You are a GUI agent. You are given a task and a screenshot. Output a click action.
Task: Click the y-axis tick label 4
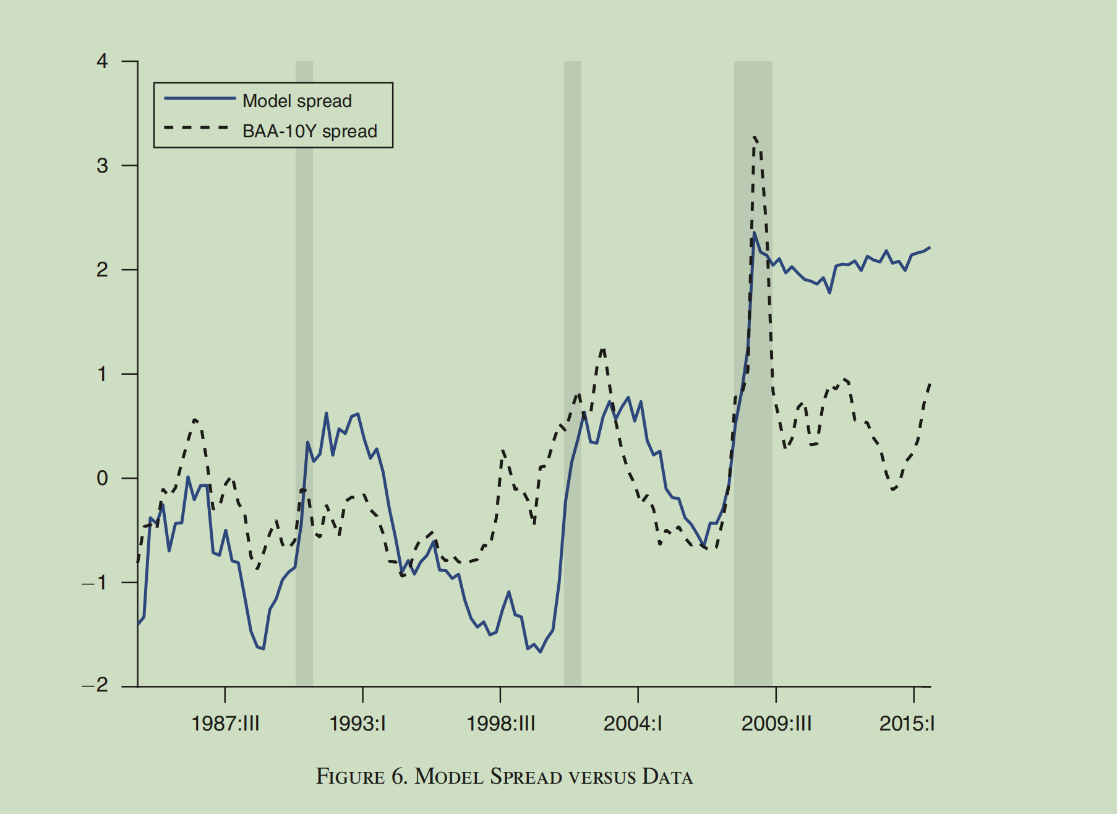coord(102,61)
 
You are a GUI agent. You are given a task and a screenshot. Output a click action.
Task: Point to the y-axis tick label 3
coord(102,166)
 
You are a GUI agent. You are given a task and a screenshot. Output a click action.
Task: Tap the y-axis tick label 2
coord(102,270)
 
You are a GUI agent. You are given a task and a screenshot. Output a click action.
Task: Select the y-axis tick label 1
coord(102,374)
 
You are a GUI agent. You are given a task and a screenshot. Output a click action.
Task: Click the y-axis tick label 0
coord(102,478)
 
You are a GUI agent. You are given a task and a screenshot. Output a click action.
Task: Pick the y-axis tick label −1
coord(95,583)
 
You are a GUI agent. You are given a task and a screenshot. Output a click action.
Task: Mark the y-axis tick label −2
coord(95,685)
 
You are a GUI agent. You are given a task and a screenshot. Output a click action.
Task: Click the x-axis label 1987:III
coord(225,723)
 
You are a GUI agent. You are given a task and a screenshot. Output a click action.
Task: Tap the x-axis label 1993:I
coord(357,723)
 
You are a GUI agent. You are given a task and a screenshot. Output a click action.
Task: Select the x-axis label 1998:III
coord(500,723)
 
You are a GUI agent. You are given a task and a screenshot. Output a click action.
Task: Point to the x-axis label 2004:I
coord(633,723)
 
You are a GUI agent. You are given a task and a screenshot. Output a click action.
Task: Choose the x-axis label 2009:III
coord(776,723)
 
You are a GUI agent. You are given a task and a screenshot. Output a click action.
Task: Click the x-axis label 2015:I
coord(907,723)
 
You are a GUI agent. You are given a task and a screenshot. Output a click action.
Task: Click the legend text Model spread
coord(297,101)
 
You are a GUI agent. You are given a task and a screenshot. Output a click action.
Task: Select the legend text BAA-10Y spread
coord(309,131)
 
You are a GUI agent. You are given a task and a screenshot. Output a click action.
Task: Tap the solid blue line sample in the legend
coord(199,98)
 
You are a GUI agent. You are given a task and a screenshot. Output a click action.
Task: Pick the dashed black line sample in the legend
coord(197,128)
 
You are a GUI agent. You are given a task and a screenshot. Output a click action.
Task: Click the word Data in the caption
coord(667,777)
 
